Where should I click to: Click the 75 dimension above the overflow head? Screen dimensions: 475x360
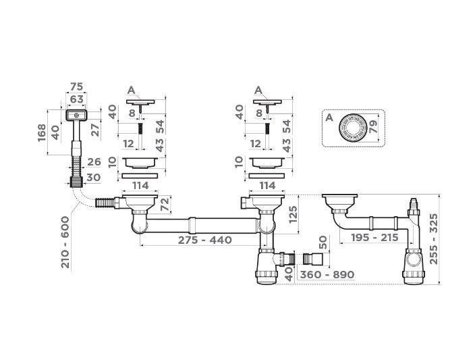tap(76, 86)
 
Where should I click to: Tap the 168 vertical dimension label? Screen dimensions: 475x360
tap(42, 132)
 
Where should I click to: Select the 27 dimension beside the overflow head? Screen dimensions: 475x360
tap(95, 130)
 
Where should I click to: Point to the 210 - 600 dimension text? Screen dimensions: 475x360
tap(65, 242)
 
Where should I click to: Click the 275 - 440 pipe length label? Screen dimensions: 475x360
tap(205, 240)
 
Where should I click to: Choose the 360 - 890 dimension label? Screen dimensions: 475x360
tap(327, 275)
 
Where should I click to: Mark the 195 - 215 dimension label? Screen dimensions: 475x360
tap(374, 238)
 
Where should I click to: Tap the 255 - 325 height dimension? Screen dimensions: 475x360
tap(433, 239)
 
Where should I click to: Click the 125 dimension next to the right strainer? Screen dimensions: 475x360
tap(294, 214)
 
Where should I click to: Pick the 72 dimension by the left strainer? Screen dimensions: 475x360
tap(165, 204)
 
